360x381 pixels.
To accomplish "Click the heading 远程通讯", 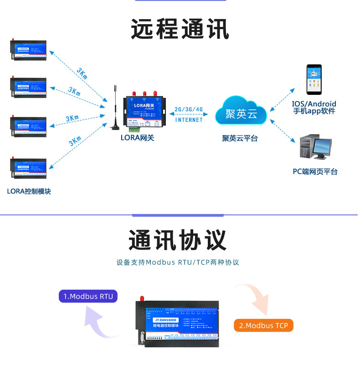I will pyautogui.click(x=180, y=30).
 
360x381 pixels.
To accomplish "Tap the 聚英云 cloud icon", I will pyautogui.click(x=242, y=111).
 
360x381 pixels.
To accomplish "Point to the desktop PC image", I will pyautogui.click(x=315, y=147).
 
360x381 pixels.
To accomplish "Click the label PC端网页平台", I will pyautogui.click(x=315, y=172).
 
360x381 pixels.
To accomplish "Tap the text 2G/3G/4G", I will pyautogui.click(x=188, y=110).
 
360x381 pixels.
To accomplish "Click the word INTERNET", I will pyautogui.click(x=189, y=120).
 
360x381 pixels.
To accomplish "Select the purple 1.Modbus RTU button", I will pyautogui.click(x=88, y=296).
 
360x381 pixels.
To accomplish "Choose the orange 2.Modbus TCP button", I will pyautogui.click(x=263, y=325).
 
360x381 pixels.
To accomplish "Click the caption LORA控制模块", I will pyautogui.click(x=29, y=191).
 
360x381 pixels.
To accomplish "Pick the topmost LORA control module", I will pyautogui.click(x=28, y=49).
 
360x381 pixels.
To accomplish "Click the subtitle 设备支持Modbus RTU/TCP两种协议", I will pyautogui.click(x=178, y=262).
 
